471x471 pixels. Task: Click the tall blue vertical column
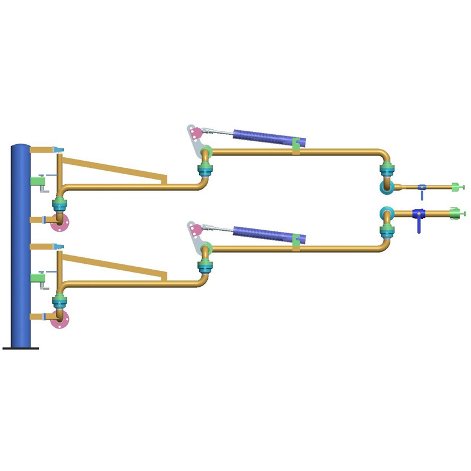point(20,247)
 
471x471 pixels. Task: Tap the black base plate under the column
point(21,348)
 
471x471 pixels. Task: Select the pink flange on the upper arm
point(59,223)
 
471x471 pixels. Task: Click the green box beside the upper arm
point(39,182)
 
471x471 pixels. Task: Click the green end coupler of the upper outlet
point(456,188)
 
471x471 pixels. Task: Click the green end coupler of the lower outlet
point(456,213)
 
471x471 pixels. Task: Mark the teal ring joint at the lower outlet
point(386,213)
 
